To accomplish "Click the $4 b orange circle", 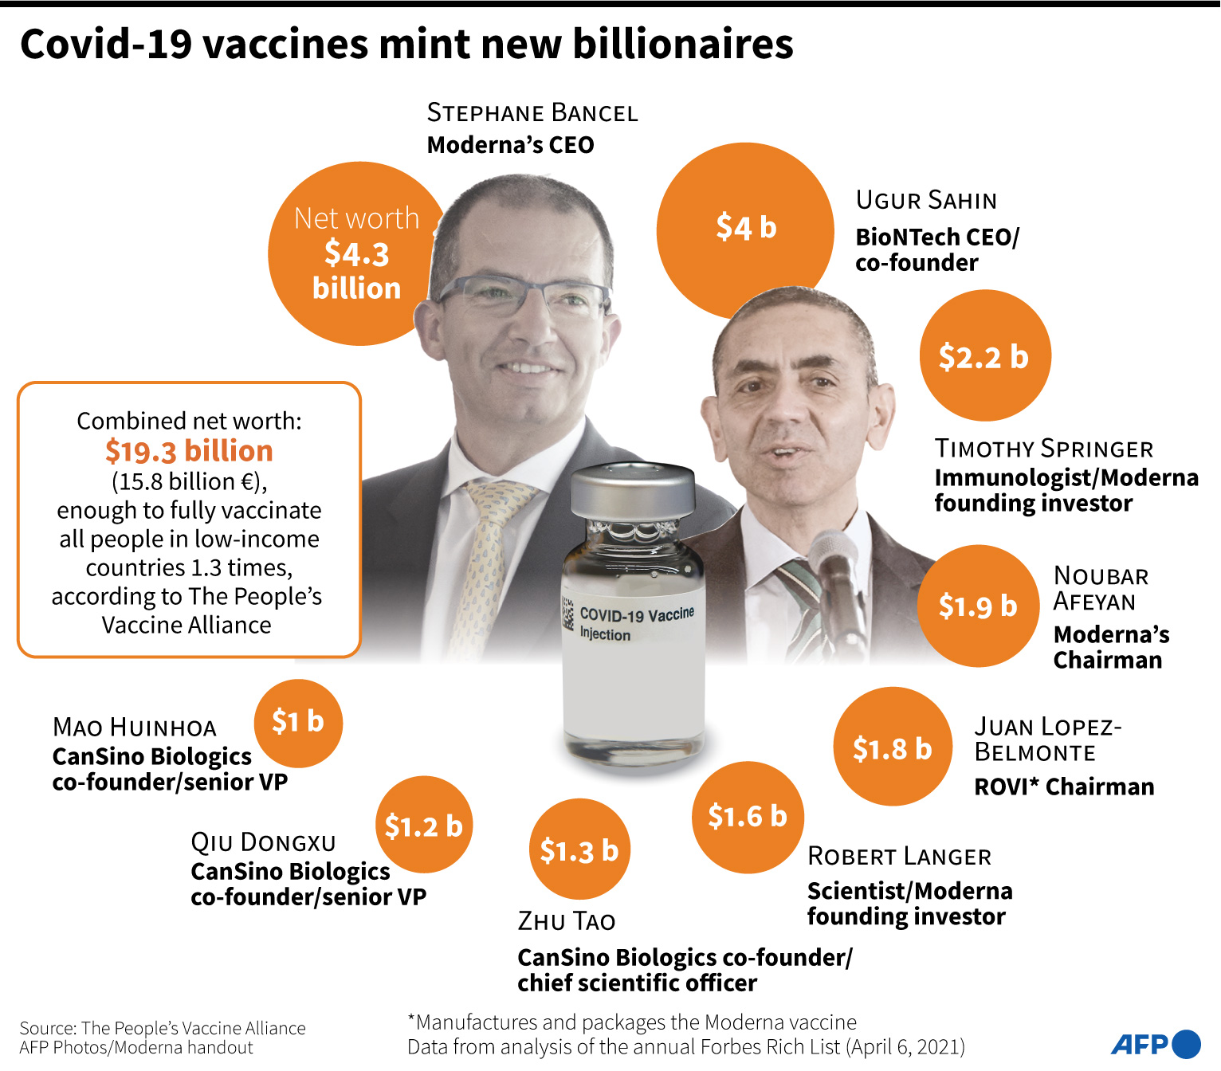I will (x=744, y=229).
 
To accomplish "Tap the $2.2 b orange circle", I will (x=985, y=355).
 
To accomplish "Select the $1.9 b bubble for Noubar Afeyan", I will (x=978, y=606).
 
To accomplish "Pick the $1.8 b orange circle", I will (x=893, y=747).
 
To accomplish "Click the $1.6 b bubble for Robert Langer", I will (x=748, y=817).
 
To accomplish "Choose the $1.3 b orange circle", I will (x=579, y=849).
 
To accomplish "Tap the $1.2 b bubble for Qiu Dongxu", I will (x=424, y=826).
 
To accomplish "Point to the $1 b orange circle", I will (x=298, y=722).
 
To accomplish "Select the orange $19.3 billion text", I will (x=189, y=451).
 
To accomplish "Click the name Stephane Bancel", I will (x=532, y=112).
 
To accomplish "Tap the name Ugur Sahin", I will (x=926, y=200).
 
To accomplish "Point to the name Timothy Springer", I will (x=1044, y=449).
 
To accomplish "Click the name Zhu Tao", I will (x=567, y=921).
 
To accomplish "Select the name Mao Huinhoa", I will (x=135, y=727).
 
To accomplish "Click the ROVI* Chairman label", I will (x=1064, y=787).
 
